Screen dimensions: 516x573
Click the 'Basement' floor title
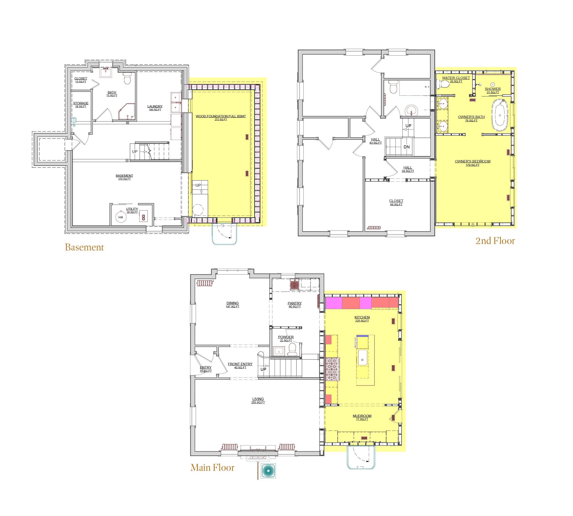84,247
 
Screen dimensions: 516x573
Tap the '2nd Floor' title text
495,241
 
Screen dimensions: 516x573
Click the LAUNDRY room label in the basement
155,108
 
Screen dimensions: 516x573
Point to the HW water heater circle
121,217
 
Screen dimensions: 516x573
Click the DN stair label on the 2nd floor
406,147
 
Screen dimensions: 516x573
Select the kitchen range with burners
332,369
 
